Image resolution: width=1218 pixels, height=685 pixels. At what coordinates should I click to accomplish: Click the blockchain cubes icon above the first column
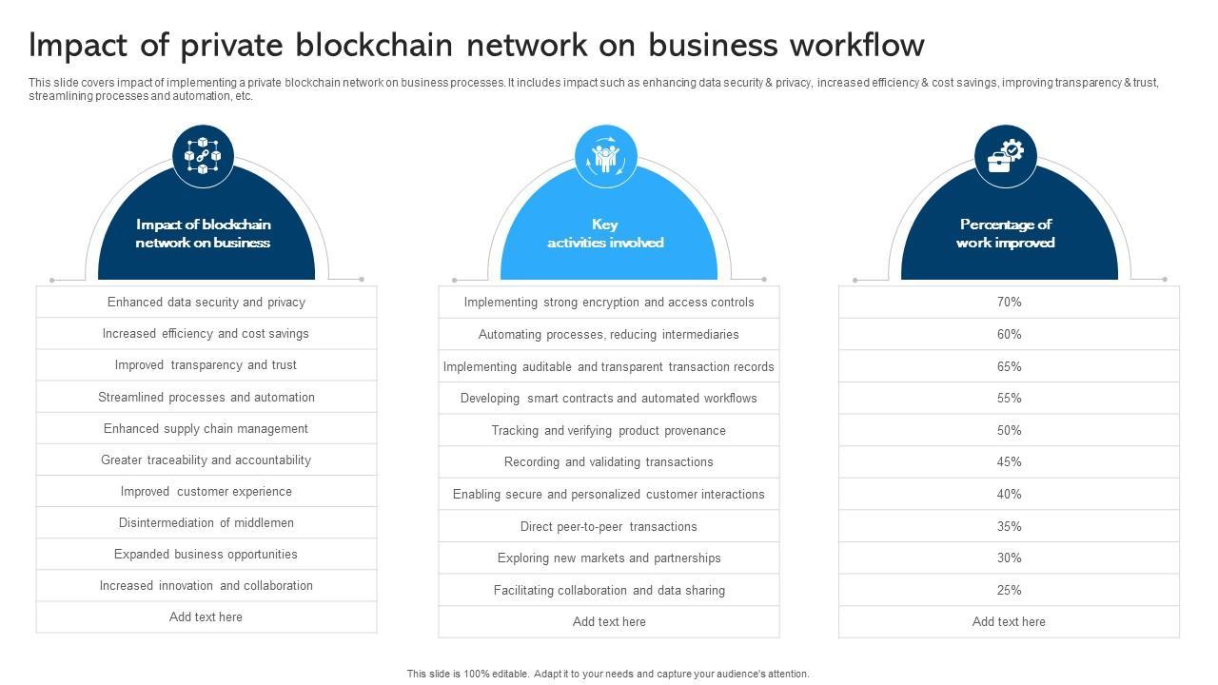(203, 156)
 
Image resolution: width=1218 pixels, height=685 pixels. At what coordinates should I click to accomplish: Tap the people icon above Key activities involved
(606, 156)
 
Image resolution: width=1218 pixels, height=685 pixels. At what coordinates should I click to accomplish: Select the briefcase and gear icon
(1006, 156)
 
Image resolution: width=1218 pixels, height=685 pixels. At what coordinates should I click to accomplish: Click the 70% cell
(1009, 303)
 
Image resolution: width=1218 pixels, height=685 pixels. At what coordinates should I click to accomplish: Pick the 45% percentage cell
(1009, 462)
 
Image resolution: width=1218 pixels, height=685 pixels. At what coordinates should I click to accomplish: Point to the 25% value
(1009, 590)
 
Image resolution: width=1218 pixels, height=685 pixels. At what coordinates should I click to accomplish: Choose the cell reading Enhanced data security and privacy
(206, 303)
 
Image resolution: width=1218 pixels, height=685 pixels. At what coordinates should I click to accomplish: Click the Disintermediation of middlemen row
(206, 522)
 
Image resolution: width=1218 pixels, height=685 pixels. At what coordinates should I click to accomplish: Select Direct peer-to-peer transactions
(609, 526)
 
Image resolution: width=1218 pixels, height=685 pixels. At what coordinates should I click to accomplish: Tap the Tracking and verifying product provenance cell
(609, 430)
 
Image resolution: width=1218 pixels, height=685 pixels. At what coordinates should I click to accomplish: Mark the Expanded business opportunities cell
(206, 554)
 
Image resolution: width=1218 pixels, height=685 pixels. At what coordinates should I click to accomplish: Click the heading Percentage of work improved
(1006, 234)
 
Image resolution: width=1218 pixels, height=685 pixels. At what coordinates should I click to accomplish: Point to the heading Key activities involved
(605, 234)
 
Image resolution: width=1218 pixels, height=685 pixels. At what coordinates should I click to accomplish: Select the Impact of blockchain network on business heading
(203, 234)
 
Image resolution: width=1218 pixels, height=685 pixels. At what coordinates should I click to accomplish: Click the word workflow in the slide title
(863, 46)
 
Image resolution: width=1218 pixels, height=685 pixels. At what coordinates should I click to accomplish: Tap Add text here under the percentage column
(1009, 622)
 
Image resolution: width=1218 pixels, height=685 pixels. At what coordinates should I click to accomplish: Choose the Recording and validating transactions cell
(609, 462)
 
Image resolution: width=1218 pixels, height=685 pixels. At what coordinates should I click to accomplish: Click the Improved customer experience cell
(206, 491)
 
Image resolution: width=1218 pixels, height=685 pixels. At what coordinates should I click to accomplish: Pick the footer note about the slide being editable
(608, 674)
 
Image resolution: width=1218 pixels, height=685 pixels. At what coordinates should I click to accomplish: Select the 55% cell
(1009, 399)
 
